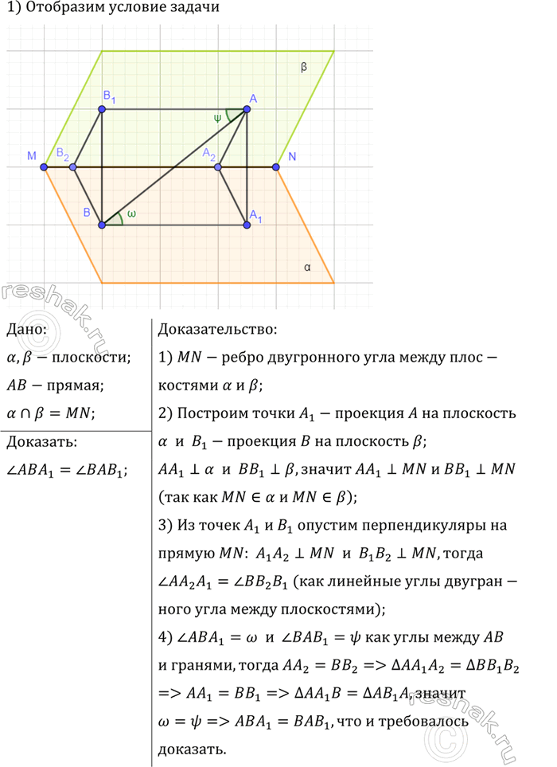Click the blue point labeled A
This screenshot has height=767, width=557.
(247, 109)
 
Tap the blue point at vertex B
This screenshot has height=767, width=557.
(102, 225)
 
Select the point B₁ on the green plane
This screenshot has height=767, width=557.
(102, 109)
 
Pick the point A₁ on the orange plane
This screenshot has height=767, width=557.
(247, 225)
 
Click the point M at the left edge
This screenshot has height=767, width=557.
(45, 166)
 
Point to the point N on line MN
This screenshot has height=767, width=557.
(276, 166)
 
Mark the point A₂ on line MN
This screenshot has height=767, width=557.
(219, 166)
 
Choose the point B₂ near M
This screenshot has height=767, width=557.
(73, 166)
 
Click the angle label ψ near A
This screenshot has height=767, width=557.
(217, 118)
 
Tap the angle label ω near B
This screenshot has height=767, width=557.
(131, 214)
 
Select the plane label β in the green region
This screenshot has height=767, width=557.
(304, 68)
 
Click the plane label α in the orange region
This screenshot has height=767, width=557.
(307, 268)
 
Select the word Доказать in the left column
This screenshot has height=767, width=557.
(41, 442)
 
